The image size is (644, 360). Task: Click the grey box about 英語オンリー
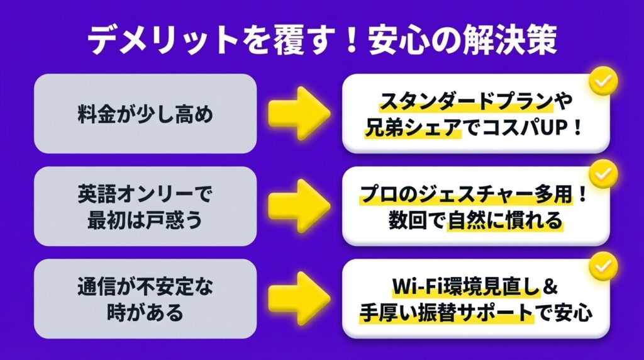[x=145, y=206]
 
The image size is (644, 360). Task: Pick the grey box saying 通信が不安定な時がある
[x=145, y=298]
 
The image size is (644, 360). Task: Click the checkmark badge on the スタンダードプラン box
[x=602, y=81]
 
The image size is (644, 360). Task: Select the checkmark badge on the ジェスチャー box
[x=602, y=174]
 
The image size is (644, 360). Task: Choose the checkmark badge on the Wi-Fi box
[x=602, y=266]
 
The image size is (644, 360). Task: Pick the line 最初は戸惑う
[x=145, y=220]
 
